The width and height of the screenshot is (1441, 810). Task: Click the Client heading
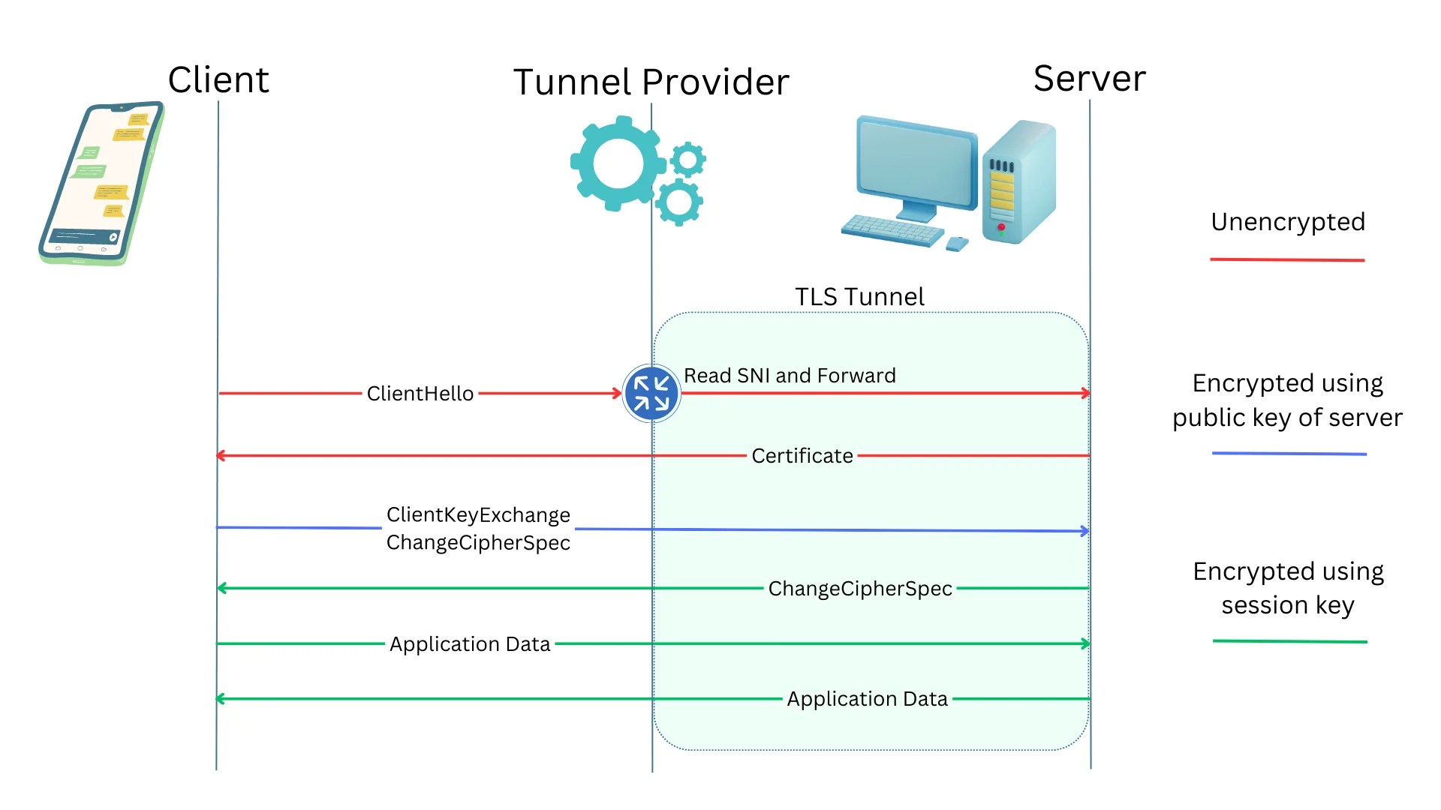click(x=218, y=79)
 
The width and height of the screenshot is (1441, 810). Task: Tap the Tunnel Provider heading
click(x=651, y=82)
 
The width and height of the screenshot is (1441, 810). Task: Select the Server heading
click(x=1089, y=78)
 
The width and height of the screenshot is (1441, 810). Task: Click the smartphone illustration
click(x=101, y=183)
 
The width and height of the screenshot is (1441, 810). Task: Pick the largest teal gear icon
click(x=617, y=163)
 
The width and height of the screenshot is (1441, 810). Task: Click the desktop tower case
click(x=1018, y=182)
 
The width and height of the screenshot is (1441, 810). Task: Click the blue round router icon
click(x=651, y=393)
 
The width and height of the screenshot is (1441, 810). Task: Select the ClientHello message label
click(x=420, y=394)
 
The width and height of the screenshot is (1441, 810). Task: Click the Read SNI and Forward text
click(x=790, y=375)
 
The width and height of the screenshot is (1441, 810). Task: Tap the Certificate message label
click(x=802, y=456)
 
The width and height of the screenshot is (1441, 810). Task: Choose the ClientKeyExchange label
click(x=478, y=515)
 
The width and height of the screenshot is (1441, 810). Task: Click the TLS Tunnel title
click(x=859, y=297)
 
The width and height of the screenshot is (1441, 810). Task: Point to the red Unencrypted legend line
click(x=1287, y=259)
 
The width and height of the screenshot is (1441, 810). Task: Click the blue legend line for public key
click(x=1289, y=454)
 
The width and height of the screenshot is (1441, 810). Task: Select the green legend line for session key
click(x=1289, y=641)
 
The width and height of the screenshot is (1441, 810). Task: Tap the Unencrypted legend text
click(x=1288, y=222)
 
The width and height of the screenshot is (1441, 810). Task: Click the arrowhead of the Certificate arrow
click(x=220, y=455)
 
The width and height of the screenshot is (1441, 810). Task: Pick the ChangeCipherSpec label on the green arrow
click(x=860, y=589)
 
